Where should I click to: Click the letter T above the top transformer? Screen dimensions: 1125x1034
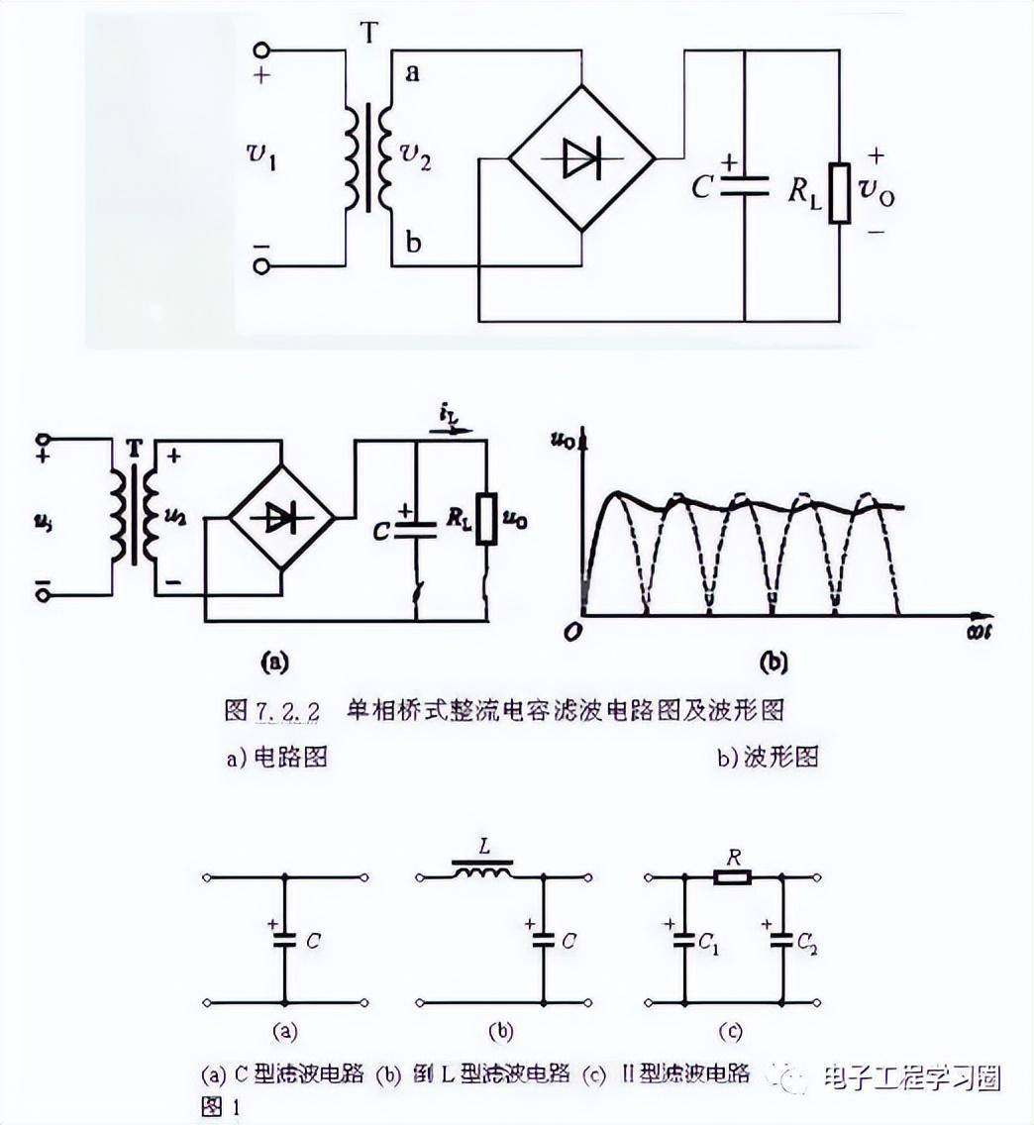368,34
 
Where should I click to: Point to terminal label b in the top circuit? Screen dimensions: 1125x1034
413,244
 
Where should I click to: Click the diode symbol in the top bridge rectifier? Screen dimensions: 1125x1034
581,158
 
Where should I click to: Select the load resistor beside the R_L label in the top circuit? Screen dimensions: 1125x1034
840,191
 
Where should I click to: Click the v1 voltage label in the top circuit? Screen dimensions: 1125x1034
261,155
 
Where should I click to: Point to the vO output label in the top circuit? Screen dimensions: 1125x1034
879,191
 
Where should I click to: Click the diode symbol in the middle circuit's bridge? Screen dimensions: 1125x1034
281,517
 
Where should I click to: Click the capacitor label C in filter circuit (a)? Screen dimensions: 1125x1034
313,941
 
